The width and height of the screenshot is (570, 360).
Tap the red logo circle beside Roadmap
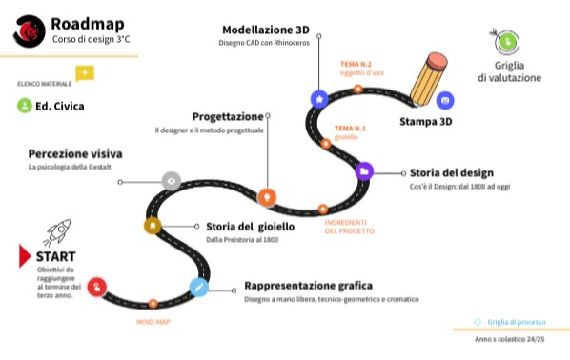[x=29, y=31]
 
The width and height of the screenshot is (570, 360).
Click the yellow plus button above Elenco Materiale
[x=85, y=73]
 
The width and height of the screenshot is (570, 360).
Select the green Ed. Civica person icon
[x=24, y=107]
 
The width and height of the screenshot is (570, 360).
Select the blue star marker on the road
[x=319, y=98]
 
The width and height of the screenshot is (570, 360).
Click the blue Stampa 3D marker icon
[x=444, y=99]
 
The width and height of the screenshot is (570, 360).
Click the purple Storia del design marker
[x=363, y=171]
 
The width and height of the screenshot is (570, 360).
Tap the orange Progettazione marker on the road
[x=268, y=196]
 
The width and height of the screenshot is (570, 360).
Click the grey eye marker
[x=171, y=180]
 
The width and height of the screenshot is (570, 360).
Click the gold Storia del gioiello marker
[x=153, y=226]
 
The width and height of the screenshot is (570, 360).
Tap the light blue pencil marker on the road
[x=198, y=286]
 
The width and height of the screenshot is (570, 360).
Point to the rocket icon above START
[x=57, y=231]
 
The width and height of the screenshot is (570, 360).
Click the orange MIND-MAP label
[x=153, y=322]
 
